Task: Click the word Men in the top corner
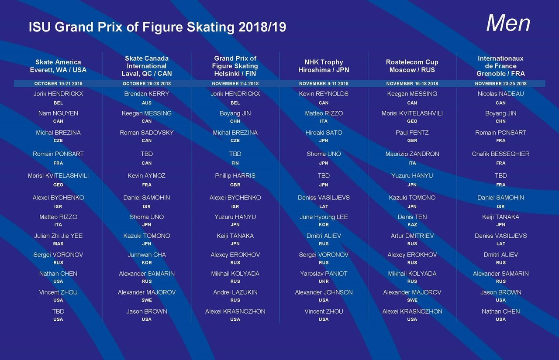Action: point(508,24)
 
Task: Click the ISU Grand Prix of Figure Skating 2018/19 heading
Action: point(157,27)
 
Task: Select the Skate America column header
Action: point(58,66)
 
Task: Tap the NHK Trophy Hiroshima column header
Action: point(324,66)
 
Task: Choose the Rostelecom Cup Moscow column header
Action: point(412,66)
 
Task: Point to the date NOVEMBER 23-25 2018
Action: point(500,83)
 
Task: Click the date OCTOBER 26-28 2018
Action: point(147,83)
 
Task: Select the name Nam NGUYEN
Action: point(58,113)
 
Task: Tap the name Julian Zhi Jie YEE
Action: point(58,236)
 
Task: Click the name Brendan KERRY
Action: point(147,94)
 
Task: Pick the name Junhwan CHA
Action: point(147,255)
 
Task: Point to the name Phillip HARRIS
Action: point(235,176)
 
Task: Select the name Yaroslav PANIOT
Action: point(324,274)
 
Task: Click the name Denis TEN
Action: point(412,217)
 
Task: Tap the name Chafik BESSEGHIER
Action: point(500,154)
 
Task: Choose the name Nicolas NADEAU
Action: point(500,94)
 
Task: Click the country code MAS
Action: point(58,244)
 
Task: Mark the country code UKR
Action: point(324,281)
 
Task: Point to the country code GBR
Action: point(235,185)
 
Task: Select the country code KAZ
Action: point(412,225)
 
